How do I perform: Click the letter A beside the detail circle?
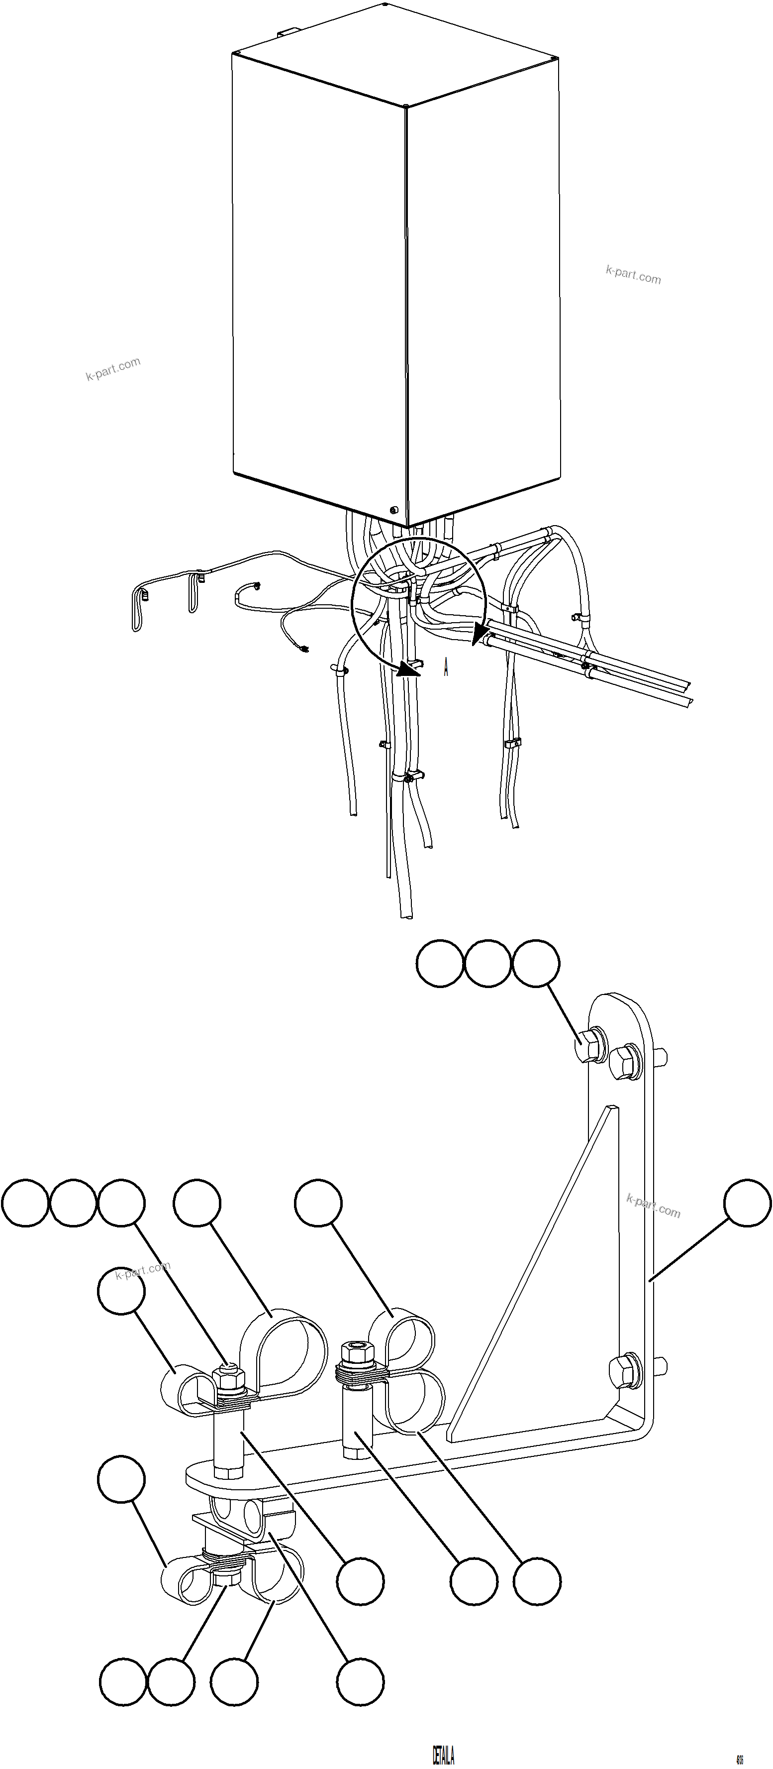(446, 667)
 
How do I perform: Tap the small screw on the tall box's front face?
(393, 510)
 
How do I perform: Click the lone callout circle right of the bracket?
(748, 1203)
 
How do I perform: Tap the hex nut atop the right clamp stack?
(357, 1351)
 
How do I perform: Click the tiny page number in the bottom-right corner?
(739, 1755)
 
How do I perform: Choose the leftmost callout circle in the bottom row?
(123, 1682)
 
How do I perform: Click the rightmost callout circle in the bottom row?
(360, 1682)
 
